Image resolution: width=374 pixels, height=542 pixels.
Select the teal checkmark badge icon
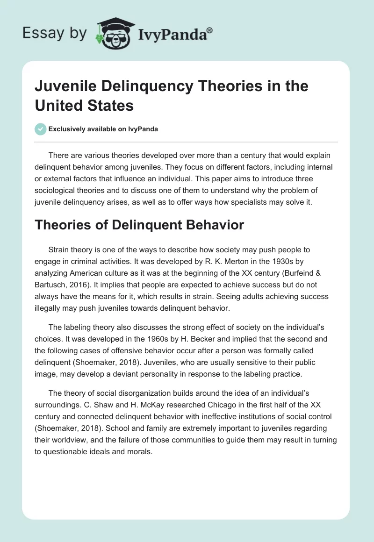tap(40, 129)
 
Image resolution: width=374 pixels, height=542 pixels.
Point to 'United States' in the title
tap(84, 105)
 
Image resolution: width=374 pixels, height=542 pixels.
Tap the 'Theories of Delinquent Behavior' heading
tap(139, 225)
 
